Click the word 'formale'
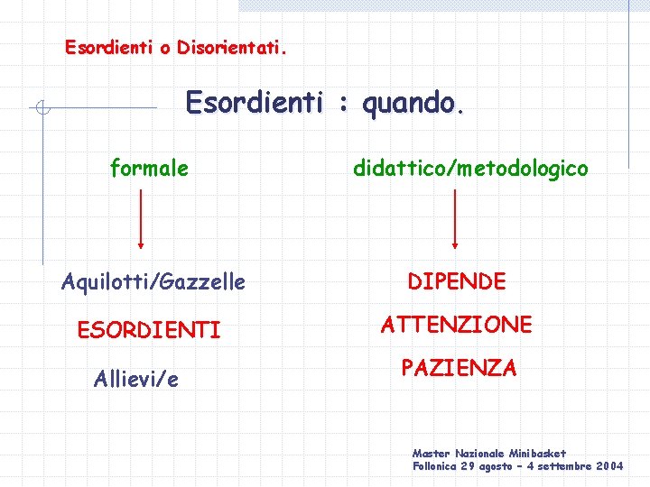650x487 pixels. point(149,168)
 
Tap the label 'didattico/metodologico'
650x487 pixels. point(470,168)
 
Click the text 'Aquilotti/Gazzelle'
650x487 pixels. point(153,282)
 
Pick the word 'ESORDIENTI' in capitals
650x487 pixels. point(149,331)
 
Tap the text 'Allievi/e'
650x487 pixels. point(135,379)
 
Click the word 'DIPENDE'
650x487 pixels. point(456,281)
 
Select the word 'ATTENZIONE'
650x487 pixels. point(456,325)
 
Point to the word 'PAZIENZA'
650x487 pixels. point(459,368)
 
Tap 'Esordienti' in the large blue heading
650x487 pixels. point(254,105)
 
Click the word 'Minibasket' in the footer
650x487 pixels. point(537,454)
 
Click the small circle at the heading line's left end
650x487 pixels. point(42,109)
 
